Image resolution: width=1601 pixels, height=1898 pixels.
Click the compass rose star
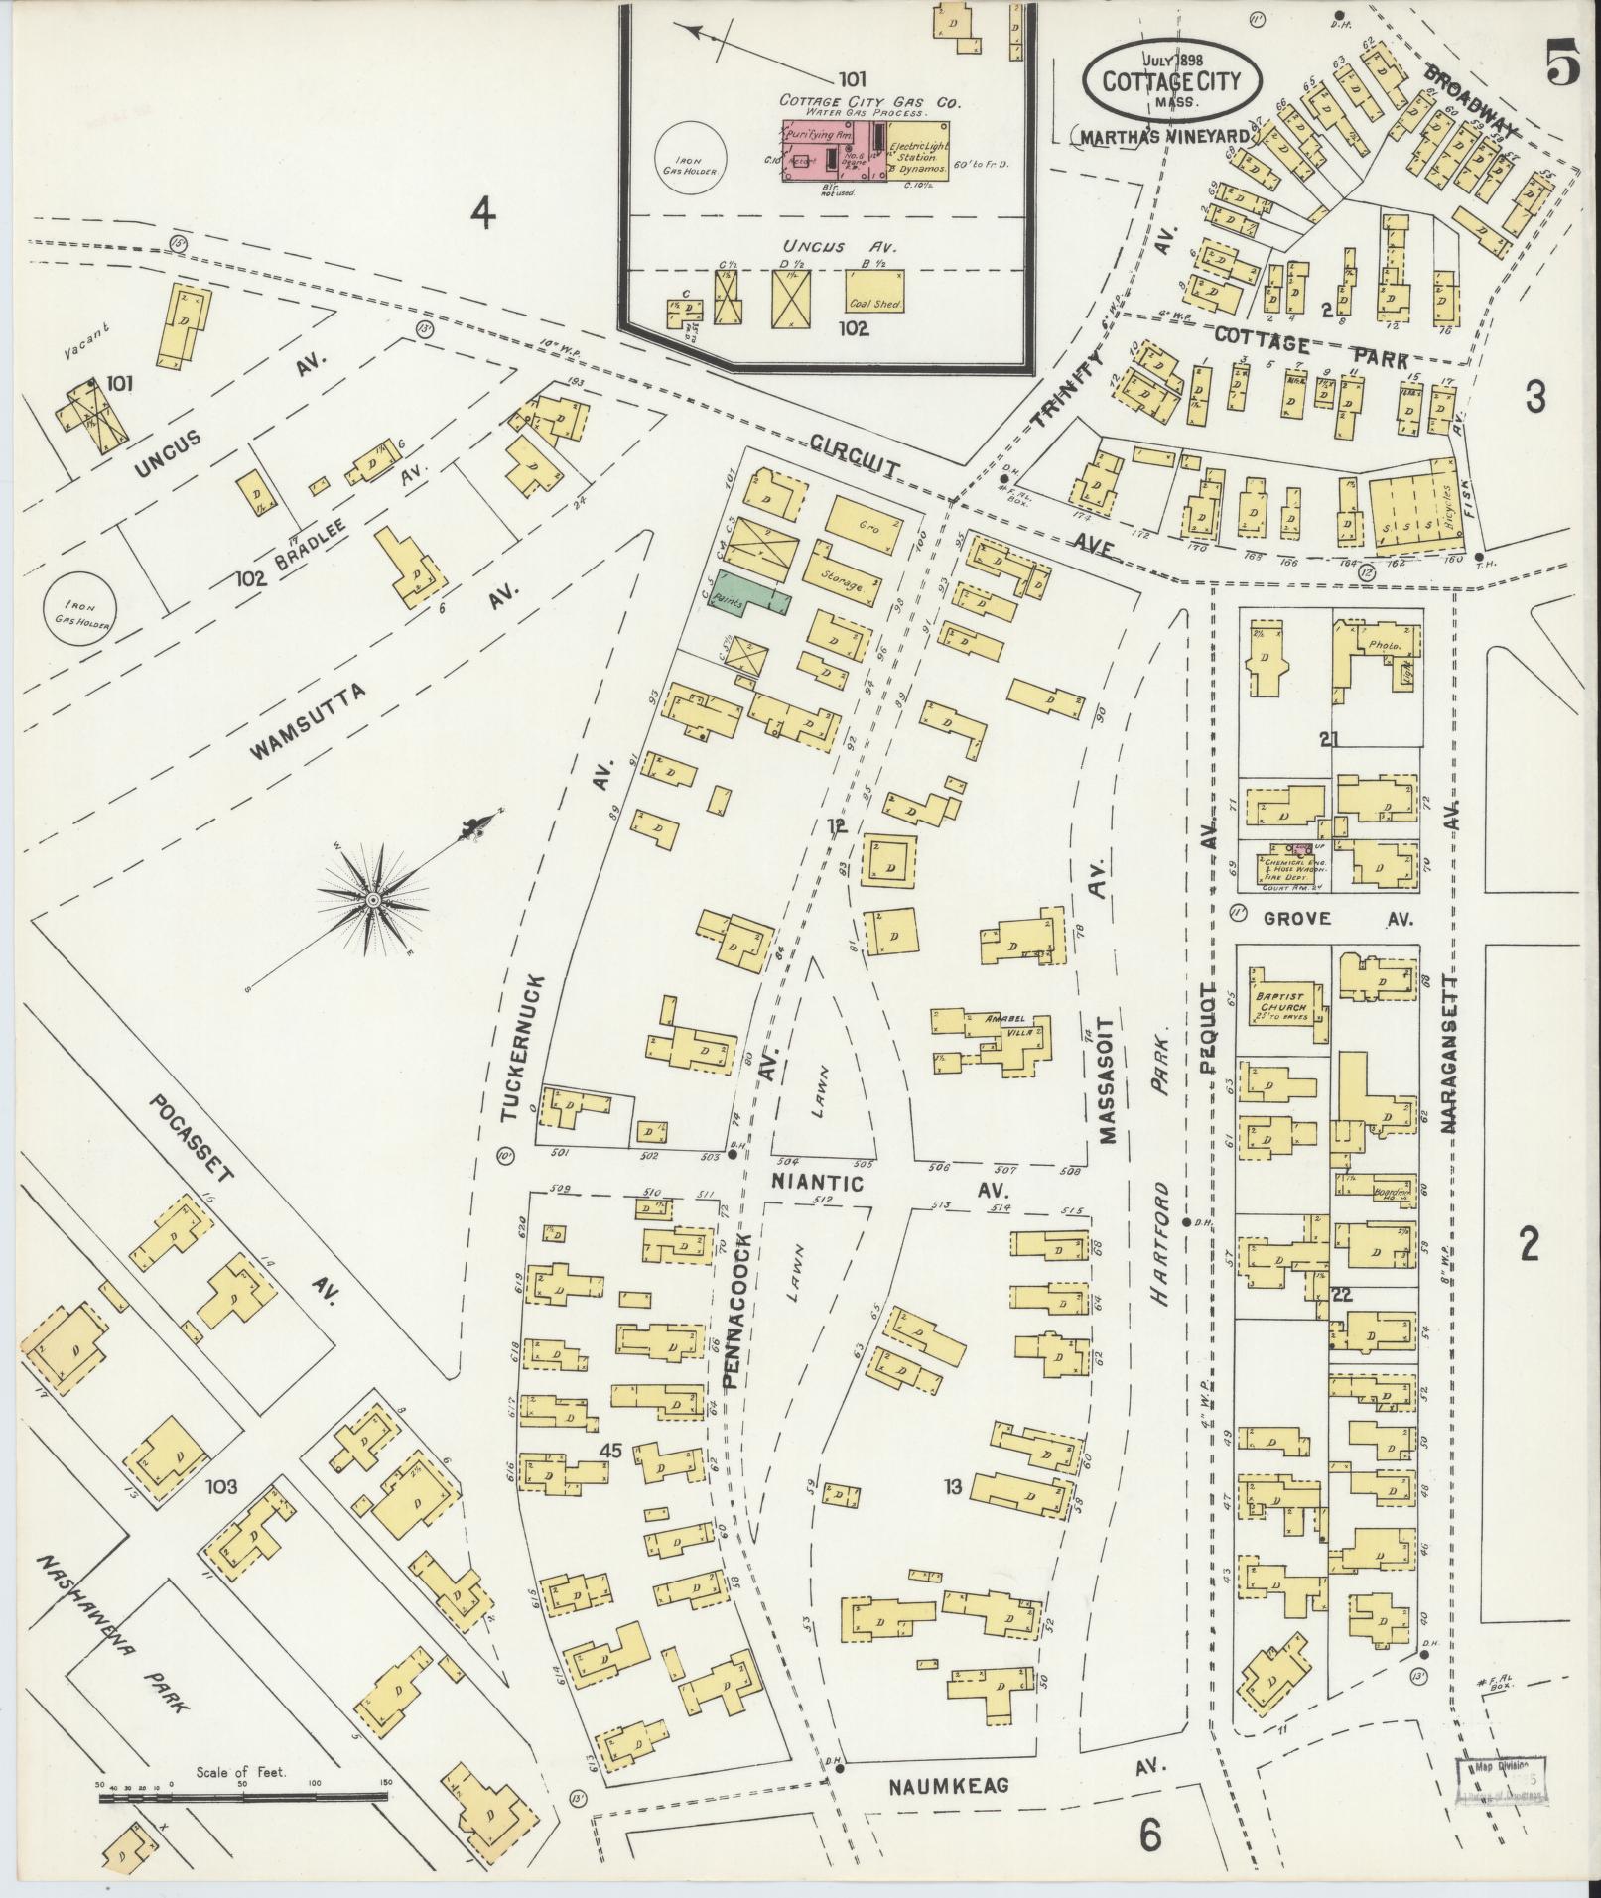[374, 899]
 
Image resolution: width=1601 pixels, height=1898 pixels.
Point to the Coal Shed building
[874, 292]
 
